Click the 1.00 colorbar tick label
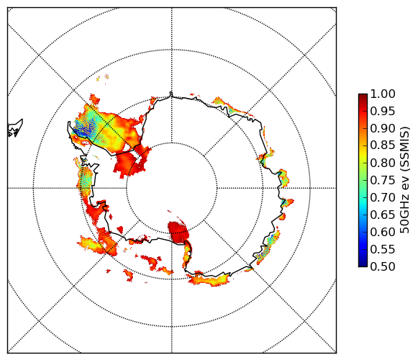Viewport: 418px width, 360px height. [383, 94]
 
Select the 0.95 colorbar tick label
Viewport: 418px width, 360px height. [383, 111]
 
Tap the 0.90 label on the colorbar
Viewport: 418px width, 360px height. [383, 128]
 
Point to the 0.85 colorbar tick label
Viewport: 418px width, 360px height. [383, 145]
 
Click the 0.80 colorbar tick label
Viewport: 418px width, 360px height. [383, 163]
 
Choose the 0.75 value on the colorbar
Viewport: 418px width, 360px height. [383, 180]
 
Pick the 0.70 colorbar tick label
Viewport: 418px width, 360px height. [383, 197]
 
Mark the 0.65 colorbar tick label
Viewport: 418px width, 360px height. [383, 215]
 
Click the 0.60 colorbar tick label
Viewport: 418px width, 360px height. [383, 232]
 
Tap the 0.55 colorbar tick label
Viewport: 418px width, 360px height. [383, 249]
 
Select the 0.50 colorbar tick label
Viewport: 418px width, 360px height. [383, 266]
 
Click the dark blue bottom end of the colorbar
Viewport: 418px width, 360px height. [363, 264]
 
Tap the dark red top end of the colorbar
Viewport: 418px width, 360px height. [363, 96]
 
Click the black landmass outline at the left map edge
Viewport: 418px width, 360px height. [15, 128]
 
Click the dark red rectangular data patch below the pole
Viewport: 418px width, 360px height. [178, 232]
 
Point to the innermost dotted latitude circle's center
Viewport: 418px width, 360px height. [172, 188]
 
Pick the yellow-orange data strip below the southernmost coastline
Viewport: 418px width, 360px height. [209, 279]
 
